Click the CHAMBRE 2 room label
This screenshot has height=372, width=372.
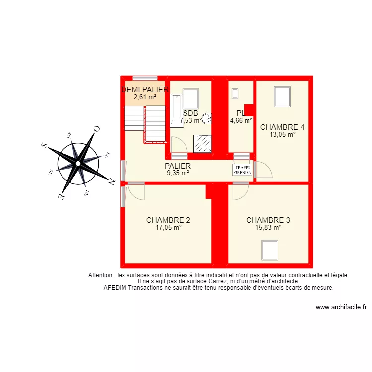click(x=168, y=220)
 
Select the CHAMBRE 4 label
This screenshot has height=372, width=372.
click(x=282, y=127)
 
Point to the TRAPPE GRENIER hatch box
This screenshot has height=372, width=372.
click(x=243, y=170)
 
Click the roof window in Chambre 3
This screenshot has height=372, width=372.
click(x=270, y=248)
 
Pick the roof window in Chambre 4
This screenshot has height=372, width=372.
click(x=282, y=97)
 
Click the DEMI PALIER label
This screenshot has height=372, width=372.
click(x=145, y=90)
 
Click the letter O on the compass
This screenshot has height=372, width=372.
click(x=97, y=129)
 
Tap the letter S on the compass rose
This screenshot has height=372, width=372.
click(x=44, y=145)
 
